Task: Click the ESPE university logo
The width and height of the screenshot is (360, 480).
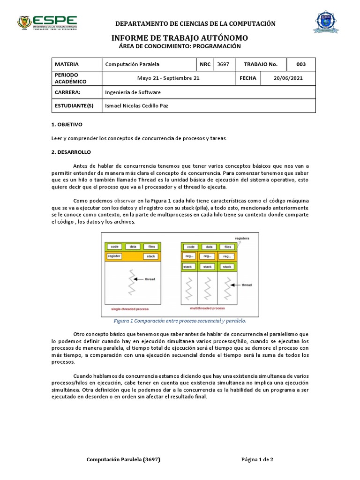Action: [x=47, y=22]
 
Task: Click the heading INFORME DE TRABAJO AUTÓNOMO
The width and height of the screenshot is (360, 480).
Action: [x=180, y=38]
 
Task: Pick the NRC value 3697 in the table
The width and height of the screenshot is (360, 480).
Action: [x=223, y=64]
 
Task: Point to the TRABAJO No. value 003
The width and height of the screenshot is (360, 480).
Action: [x=301, y=64]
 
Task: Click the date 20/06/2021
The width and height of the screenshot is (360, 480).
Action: [x=288, y=78]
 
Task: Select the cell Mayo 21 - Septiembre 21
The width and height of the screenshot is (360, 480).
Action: [x=168, y=78]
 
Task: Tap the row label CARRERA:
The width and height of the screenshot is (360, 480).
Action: [x=68, y=92]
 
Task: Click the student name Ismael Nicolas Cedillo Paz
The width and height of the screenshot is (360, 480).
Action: [x=136, y=106]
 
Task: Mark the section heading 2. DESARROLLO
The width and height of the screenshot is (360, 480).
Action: [x=71, y=152]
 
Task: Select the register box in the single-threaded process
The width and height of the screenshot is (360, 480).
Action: [x=115, y=256]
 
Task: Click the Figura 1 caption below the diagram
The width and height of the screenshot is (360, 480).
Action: [x=180, y=321]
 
